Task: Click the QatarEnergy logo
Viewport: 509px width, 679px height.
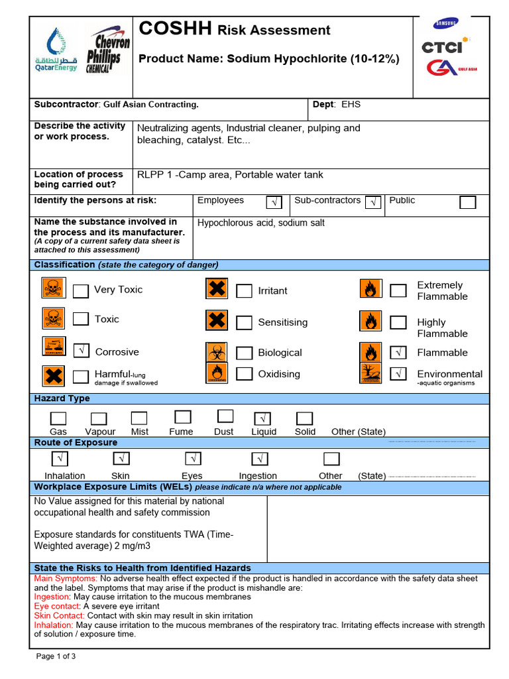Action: point(56,50)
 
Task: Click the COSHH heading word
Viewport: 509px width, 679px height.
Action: point(175,29)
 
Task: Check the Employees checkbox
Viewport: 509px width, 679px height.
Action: point(274,202)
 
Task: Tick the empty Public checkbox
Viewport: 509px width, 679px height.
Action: point(468,202)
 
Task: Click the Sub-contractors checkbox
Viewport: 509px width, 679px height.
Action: point(373,202)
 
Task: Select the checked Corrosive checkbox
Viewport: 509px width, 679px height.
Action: point(81,351)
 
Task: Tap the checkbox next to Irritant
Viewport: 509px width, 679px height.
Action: point(245,290)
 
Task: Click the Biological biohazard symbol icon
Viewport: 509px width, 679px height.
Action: point(217,352)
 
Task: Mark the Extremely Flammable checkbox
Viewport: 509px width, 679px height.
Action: point(398,290)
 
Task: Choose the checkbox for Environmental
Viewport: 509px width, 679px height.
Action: point(398,373)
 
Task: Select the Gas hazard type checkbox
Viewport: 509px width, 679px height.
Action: point(58,418)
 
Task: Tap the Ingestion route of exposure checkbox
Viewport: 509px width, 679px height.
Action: point(260,458)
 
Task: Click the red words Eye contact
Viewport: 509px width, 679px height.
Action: point(57,606)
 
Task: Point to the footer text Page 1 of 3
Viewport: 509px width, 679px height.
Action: point(56,656)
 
